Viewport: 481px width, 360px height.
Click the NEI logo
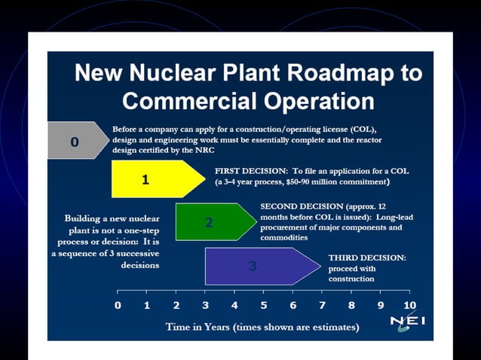tap(407, 322)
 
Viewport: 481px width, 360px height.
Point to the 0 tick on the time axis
tap(118, 306)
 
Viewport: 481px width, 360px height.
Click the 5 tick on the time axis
tap(263, 306)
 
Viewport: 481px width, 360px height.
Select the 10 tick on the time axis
tap(409, 306)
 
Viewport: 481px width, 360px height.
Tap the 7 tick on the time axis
tap(322, 306)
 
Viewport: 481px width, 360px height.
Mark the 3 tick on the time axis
tap(205, 306)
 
